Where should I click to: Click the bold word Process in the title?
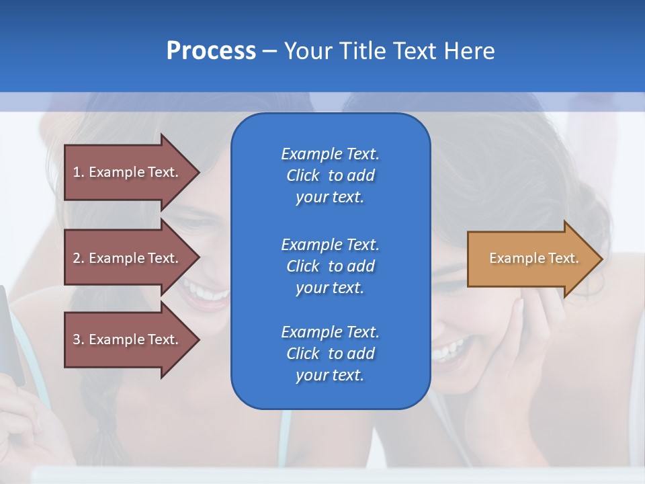click(x=211, y=51)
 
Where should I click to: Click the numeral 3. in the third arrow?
click(x=79, y=339)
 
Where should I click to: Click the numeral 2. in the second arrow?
click(x=79, y=258)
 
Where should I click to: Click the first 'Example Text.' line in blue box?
click(x=330, y=154)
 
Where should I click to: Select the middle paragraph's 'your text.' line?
click(x=330, y=288)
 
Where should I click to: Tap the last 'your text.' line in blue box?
click(x=330, y=376)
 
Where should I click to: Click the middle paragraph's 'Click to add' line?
click(x=330, y=266)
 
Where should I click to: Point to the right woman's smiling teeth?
click(x=448, y=350)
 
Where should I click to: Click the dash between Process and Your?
click(x=269, y=51)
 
